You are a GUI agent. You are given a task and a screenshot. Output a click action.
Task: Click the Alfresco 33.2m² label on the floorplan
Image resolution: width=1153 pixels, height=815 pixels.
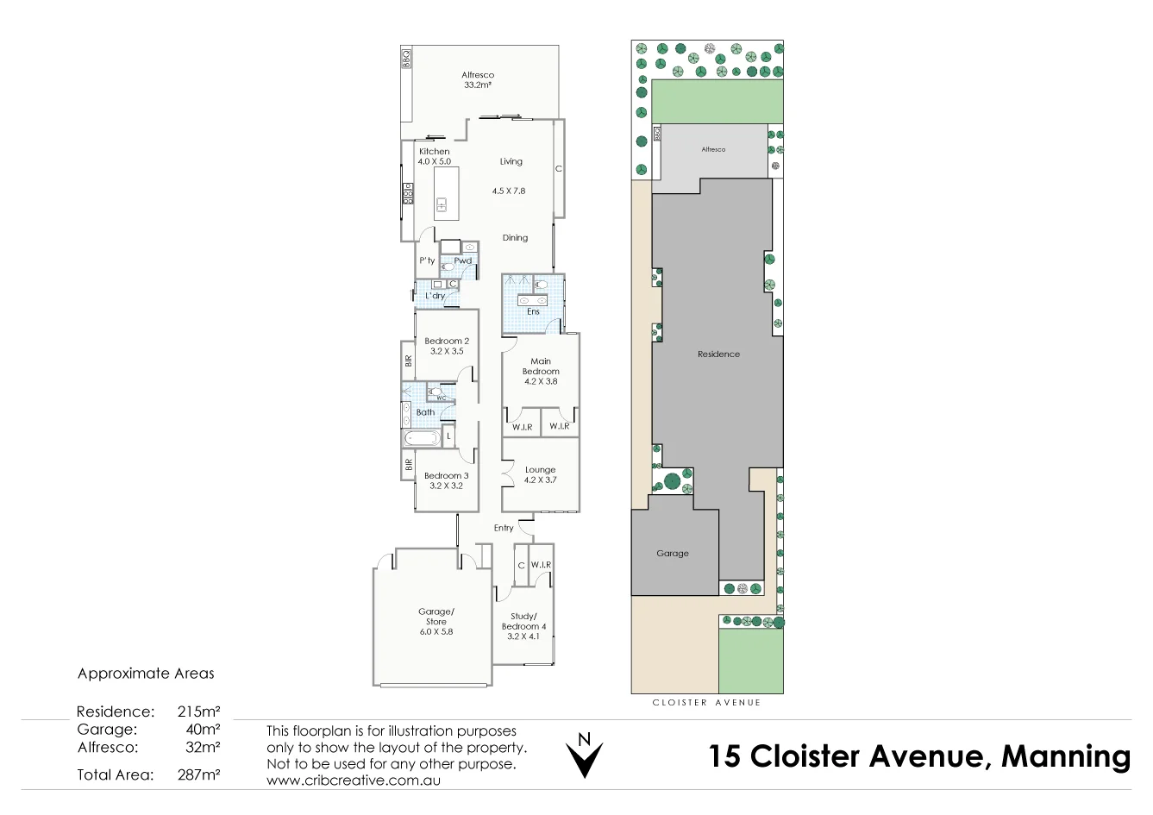pyautogui.click(x=477, y=80)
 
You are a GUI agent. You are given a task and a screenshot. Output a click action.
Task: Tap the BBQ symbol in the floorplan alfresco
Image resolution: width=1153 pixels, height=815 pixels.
pyautogui.click(x=406, y=58)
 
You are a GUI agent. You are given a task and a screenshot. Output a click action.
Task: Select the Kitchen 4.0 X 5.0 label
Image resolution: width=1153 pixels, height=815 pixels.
pyautogui.click(x=434, y=156)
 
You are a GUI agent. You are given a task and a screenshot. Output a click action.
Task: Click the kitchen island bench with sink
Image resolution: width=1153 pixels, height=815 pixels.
pyautogui.click(x=446, y=192)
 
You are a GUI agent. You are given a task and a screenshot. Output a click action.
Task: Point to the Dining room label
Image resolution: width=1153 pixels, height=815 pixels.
pyautogui.click(x=515, y=238)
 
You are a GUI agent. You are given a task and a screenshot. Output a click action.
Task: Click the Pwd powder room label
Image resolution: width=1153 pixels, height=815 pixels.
pyautogui.click(x=462, y=260)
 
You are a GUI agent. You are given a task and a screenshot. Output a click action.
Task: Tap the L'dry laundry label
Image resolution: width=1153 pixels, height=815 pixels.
pyautogui.click(x=435, y=296)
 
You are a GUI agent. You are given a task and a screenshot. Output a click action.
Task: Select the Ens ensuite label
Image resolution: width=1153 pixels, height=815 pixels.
pyautogui.click(x=533, y=311)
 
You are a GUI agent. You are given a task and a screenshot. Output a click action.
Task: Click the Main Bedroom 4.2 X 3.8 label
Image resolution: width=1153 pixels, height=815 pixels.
pyautogui.click(x=541, y=371)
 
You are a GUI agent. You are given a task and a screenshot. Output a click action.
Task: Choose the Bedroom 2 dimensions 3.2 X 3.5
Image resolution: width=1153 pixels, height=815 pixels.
pyautogui.click(x=447, y=351)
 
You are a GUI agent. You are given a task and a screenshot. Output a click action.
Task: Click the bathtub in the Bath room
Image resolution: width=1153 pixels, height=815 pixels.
pyautogui.click(x=422, y=438)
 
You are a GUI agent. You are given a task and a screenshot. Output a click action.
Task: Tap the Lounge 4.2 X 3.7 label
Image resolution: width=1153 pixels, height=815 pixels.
pyautogui.click(x=541, y=475)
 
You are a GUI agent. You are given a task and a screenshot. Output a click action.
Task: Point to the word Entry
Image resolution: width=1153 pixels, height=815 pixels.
pyautogui.click(x=504, y=528)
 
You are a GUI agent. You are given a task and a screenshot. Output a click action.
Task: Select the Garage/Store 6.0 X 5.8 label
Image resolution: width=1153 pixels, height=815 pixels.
pyautogui.click(x=436, y=621)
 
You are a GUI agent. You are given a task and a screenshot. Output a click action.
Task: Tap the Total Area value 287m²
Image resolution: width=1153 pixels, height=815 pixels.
pyautogui.click(x=198, y=774)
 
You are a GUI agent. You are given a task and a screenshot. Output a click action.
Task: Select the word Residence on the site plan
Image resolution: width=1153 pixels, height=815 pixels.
pyautogui.click(x=718, y=354)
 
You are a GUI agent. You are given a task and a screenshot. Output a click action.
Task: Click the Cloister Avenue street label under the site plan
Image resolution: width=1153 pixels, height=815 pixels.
pyautogui.click(x=706, y=703)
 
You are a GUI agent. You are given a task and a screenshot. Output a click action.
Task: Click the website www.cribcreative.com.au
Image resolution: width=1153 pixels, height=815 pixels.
pyautogui.click(x=353, y=780)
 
